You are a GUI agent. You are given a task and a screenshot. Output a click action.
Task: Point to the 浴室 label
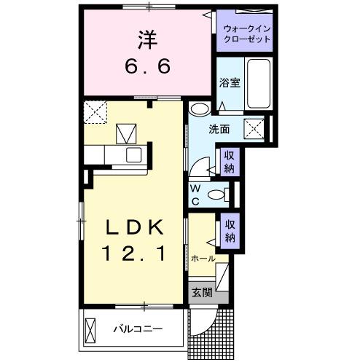click(230, 84)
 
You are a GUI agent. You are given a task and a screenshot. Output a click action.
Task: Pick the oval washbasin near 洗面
click(198, 110)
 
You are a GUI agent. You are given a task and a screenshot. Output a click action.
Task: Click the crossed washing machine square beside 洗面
click(254, 129)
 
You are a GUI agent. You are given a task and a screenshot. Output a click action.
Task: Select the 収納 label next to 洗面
click(229, 162)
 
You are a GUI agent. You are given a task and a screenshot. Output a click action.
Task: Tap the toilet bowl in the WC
click(216, 194)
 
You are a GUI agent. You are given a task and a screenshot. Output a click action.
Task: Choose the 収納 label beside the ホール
click(229, 232)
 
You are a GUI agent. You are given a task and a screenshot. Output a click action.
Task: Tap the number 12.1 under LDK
click(133, 255)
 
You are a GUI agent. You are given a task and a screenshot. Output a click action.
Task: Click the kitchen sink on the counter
click(133, 154)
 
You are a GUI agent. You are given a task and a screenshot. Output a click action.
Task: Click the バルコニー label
click(137, 329)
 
